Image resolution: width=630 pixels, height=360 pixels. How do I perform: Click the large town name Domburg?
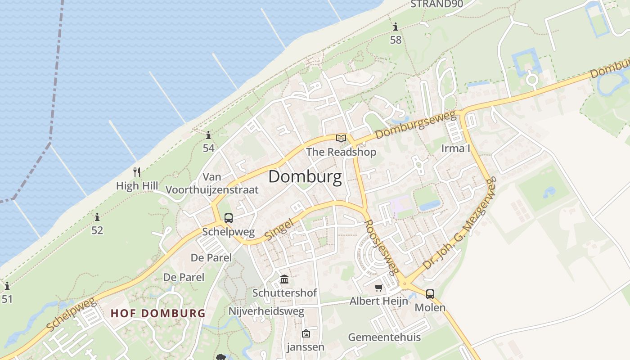pyautogui.click(x=305, y=177)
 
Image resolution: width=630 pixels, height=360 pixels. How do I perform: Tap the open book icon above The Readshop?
pyautogui.click(x=341, y=138)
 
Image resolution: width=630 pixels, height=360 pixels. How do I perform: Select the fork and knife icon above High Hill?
pyautogui.click(x=137, y=172)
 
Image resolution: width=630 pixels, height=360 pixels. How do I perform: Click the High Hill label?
pyautogui.click(x=137, y=186)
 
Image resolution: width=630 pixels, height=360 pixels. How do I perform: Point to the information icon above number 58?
pyautogui.click(x=396, y=27)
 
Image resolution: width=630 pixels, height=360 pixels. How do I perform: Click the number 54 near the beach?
pyautogui.click(x=208, y=148)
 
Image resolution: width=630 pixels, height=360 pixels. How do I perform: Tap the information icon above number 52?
pyautogui.click(x=97, y=218)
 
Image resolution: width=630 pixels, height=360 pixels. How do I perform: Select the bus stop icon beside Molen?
pyautogui.click(x=430, y=294)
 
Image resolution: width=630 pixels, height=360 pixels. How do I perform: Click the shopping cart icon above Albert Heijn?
pyautogui.click(x=379, y=288)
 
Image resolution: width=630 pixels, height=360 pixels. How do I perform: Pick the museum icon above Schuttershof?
pyautogui.click(x=284, y=279)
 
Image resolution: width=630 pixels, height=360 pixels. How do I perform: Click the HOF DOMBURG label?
pyautogui.click(x=158, y=313)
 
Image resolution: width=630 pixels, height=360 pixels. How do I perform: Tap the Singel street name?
pyautogui.click(x=279, y=229)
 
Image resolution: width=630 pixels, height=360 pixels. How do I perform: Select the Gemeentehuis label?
pyautogui.click(x=384, y=337)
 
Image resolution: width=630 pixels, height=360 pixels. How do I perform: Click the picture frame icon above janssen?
pyautogui.click(x=306, y=333)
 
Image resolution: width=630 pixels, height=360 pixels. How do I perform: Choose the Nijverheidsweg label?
pyautogui.click(x=266, y=311)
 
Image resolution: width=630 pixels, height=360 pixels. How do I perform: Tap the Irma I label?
pyautogui.click(x=455, y=148)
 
